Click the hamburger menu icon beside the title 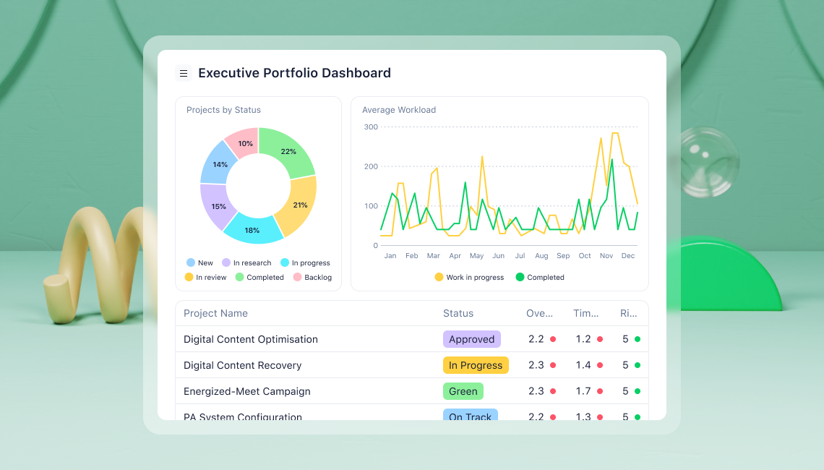pyautogui.click(x=184, y=73)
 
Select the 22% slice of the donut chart pyautogui.click(x=289, y=152)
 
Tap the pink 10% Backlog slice pyautogui.click(x=245, y=143)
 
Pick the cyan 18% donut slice pyautogui.click(x=252, y=229)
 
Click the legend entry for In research pyautogui.click(x=246, y=263)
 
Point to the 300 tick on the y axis pyautogui.click(x=371, y=127)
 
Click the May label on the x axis pyautogui.click(x=476, y=256)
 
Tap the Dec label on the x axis pyautogui.click(x=627, y=256)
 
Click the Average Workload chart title pyautogui.click(x=399, y=110)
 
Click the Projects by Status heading pyautogui.click(x=223, y=110)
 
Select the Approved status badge pyautogui.click(x=471, y=339)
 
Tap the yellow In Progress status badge pyautogui.click(x=476, y=365)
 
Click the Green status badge pyautogui.click(x=463, y=391)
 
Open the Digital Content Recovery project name pyautogui.click(x=242, y=365)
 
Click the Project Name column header pyautogui.click(x=215, y=313)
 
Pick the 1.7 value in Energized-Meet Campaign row pyautogui.click(x=583, y=391)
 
